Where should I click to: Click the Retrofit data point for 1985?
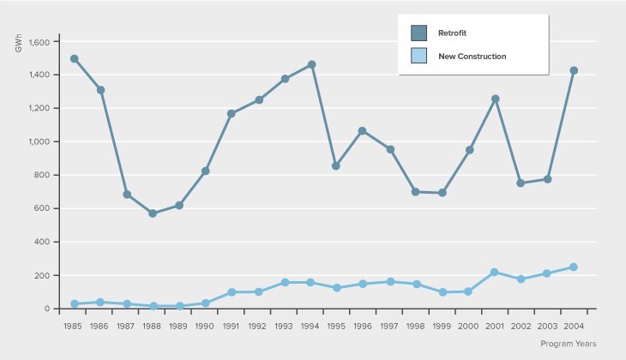(x=75, y=59)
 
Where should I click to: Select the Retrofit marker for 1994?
(x=311, y=64)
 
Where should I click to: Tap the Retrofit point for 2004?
(x=574, y=70)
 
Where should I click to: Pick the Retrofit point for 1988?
(x=153, y=213)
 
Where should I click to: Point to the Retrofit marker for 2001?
(x=495, y=99)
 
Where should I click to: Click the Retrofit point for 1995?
(x=337, y=165)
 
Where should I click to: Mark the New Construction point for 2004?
(x=574, y=267)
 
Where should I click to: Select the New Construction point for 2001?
(x=495, y=272)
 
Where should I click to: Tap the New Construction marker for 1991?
(x=232, y=291)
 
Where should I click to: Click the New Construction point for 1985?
(x=75, y=304)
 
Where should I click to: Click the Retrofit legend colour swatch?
(x=418, y=33)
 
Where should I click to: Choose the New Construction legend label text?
(x=472, y=57)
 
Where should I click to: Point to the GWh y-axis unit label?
(x=19, y=44)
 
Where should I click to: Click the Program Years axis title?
(x=569, y=343)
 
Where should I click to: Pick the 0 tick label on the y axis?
(x=50, y=309)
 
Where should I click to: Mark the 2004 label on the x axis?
(x=574, y=326)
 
